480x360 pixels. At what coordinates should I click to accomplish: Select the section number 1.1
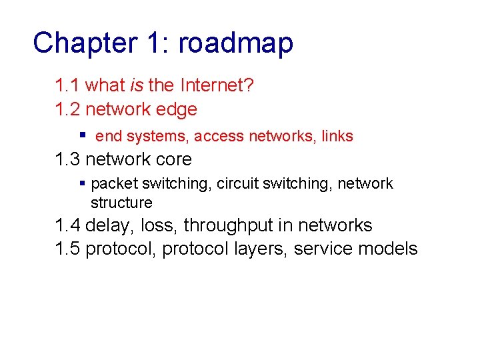[x=68, y=85]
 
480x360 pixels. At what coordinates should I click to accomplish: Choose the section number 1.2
[x=68, y=109]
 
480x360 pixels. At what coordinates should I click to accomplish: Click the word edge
[x=177, y=109]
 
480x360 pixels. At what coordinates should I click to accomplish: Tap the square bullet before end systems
[x=83, y=135]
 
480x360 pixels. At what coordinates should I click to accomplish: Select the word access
[x=220, y=137]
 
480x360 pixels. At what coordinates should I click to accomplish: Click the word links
[x=337, y=137]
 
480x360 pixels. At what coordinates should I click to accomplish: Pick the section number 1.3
[x=68, y=159]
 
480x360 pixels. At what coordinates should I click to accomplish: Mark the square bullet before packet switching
[x=83, y=183]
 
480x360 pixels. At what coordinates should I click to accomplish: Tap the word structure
[x=121, y=203]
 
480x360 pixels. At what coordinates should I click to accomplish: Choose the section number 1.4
[x=68, y=225]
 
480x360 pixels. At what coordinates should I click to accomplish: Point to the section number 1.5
[x=68, y=249]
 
